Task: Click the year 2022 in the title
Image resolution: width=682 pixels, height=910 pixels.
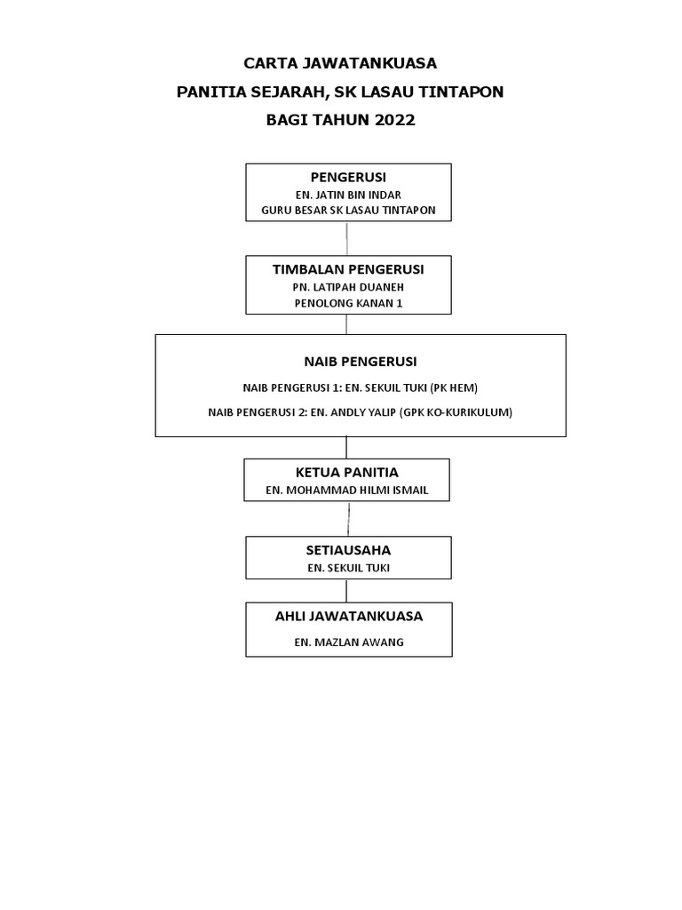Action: tap(394, 120)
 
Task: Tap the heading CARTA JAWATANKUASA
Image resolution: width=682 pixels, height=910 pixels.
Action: tap(340, 63)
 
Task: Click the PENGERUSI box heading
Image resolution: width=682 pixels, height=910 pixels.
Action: tap(348, 177)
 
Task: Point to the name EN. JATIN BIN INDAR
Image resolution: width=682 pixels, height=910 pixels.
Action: tap(348, 195)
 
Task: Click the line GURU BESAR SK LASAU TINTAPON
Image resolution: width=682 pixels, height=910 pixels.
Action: tap(348, 210)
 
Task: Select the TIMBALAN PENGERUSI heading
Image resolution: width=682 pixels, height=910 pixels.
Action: tap(348, 269)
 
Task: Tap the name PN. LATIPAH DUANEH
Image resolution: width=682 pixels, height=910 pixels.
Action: tap(348, 287)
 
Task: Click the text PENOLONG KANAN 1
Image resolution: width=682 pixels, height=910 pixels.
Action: tap(348, 303)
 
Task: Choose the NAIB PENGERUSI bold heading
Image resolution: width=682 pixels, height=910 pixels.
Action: tap(361, 362)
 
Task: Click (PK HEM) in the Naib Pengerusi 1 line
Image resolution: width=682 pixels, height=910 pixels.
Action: tap(454, 387)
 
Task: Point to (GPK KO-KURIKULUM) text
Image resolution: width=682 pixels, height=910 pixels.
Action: tap(456, 412)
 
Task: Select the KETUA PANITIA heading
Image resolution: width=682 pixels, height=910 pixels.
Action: tap(347, 473)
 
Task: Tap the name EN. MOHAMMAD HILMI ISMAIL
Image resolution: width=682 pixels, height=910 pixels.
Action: tap(347, 491)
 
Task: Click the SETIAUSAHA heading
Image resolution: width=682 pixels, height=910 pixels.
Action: tap(348, 550)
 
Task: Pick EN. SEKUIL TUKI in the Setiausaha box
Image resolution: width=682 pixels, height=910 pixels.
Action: tap(348, 568)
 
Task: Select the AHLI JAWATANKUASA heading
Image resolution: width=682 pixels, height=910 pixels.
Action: tap(348, 617)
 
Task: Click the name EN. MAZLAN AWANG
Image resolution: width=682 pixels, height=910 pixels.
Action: tap(348, 643)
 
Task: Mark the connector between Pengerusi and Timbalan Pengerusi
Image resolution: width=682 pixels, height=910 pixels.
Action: tap(347, 238)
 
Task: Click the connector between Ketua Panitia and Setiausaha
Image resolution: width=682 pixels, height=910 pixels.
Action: tap(348, 519)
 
